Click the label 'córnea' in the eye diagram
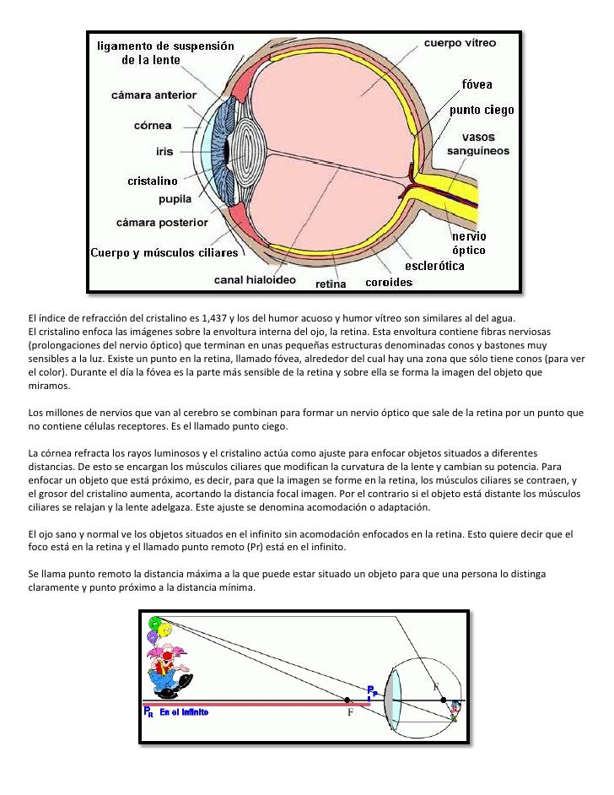153,126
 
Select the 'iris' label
164,152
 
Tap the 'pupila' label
175,199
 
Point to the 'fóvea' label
477,84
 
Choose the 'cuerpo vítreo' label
460,42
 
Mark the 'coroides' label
388,282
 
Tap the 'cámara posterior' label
162,223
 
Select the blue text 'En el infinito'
184,712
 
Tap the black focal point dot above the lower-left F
347,700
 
